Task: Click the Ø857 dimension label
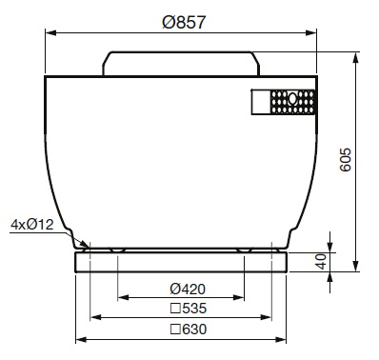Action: (184, 22)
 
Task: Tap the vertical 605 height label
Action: (346, 160)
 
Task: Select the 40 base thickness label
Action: (322, 261)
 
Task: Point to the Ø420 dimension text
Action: (188, 289)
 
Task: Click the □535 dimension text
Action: (189, 309)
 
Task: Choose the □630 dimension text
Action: (189, 330)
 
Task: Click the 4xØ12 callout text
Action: (32, 225)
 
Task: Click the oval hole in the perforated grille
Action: (292, 99)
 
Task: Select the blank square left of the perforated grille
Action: (261, 102)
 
